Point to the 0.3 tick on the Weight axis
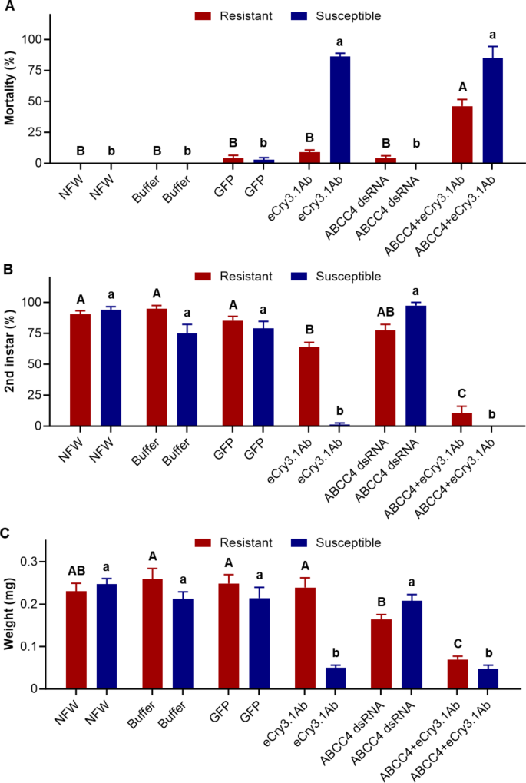coord(42,562)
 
